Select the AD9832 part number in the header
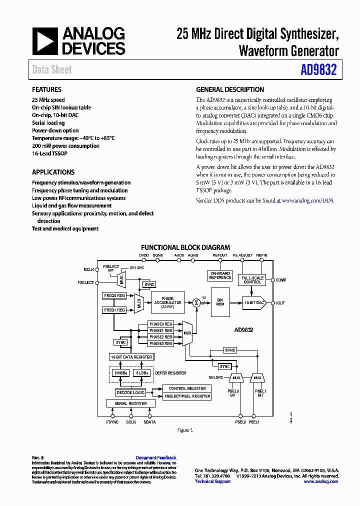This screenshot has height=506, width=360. coord(318,70)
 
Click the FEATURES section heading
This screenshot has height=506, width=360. coord(46,89)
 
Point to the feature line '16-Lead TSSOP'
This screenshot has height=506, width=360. coord(49,153)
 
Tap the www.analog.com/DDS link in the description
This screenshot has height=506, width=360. coord(307,200)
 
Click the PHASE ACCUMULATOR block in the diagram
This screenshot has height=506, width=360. coord(167,302)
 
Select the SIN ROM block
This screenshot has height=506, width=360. coord(219,302)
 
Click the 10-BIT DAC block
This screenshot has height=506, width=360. coord(254,302)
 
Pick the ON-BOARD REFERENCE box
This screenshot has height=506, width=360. coord(220,275)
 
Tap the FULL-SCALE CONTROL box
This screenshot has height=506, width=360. coord(252,280)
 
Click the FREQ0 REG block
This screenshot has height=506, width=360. coord(114,295)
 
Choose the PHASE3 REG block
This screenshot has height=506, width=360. coord(161,343)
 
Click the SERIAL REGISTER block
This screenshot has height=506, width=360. coord(131,403)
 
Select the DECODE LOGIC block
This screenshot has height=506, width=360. coord(130,392)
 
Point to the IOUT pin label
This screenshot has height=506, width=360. coord(280,303)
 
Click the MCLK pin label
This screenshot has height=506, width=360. coord(88,269)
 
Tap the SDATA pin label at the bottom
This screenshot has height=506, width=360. coord(149,422)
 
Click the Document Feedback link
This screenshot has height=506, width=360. coord(155,457)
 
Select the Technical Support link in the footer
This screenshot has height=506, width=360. coord(212,481)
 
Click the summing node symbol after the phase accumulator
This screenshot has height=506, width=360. coord(196,302)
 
